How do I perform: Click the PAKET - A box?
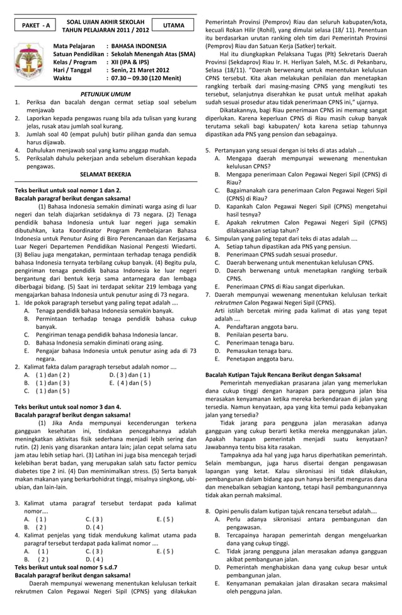pyautogui.click(x=35, y=26)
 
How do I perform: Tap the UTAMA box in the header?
pyautogui.click(x=173, y=26)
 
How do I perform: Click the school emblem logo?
pyautogui.click(x=28, y=61)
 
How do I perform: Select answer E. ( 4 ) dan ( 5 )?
pyautogui.click(x=130, y=382)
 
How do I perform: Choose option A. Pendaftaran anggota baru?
pyautogui.click(x=256, y=326)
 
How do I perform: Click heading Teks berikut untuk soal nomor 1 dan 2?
pyautogui.click(x=67, y=190)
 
